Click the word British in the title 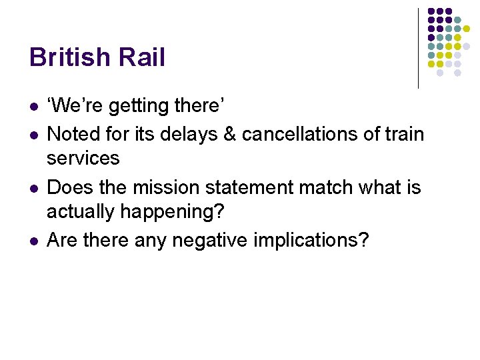coord(69,57)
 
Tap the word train coord(403,134)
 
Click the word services coord(83,159)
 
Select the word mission coord(167,187)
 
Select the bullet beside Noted coord(33,135)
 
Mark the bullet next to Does coord(33,188)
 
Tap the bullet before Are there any coord(33,241)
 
